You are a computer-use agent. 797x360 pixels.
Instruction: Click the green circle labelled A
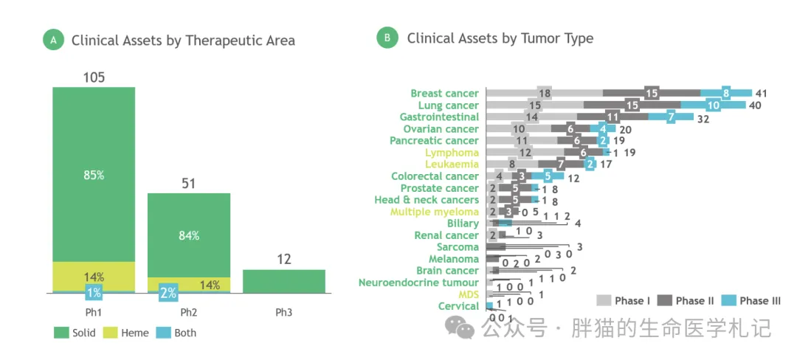coord(53,41)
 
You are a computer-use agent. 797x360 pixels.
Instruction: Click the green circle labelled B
coord(387,38)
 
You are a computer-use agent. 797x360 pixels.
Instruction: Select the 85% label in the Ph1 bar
coord(94,176)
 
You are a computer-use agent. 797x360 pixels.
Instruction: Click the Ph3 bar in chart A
coord(284,281)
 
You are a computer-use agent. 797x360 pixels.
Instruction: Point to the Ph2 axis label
coord(189,312)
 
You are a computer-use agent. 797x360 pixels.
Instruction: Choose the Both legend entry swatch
coord(163,333)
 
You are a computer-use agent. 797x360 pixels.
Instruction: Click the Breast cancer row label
coord(444,94)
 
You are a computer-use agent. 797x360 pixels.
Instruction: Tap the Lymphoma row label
coord(452,153)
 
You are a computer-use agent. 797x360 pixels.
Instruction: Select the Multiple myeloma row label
coord(435,212)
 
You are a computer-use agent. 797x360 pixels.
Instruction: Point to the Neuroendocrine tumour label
coord(418,283)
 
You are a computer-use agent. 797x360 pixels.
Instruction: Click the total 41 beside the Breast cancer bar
coord(762,94)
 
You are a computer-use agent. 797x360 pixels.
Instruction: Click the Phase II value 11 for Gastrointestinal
coord(613,117)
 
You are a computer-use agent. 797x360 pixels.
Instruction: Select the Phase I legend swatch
coord(603,300)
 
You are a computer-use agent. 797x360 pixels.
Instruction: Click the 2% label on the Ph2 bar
coord(168,293)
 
